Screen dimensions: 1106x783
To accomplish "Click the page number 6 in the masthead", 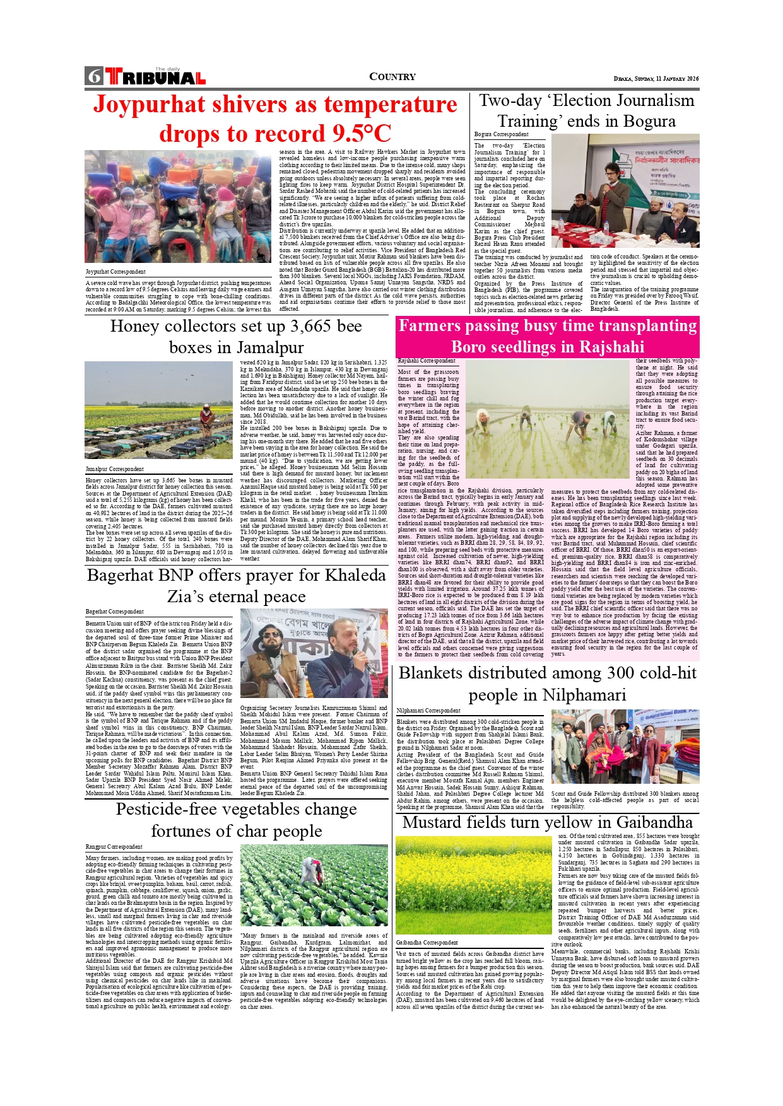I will click(95, 76).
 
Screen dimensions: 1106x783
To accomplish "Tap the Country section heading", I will click(392, 77).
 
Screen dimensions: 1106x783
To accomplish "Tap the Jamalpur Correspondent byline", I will click(115, 469).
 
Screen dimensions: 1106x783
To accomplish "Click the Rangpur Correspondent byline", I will click(114, 846).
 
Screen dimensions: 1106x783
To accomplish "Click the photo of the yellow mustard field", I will click(473, 884).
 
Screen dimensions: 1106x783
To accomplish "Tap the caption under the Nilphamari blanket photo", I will click(625, 800).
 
